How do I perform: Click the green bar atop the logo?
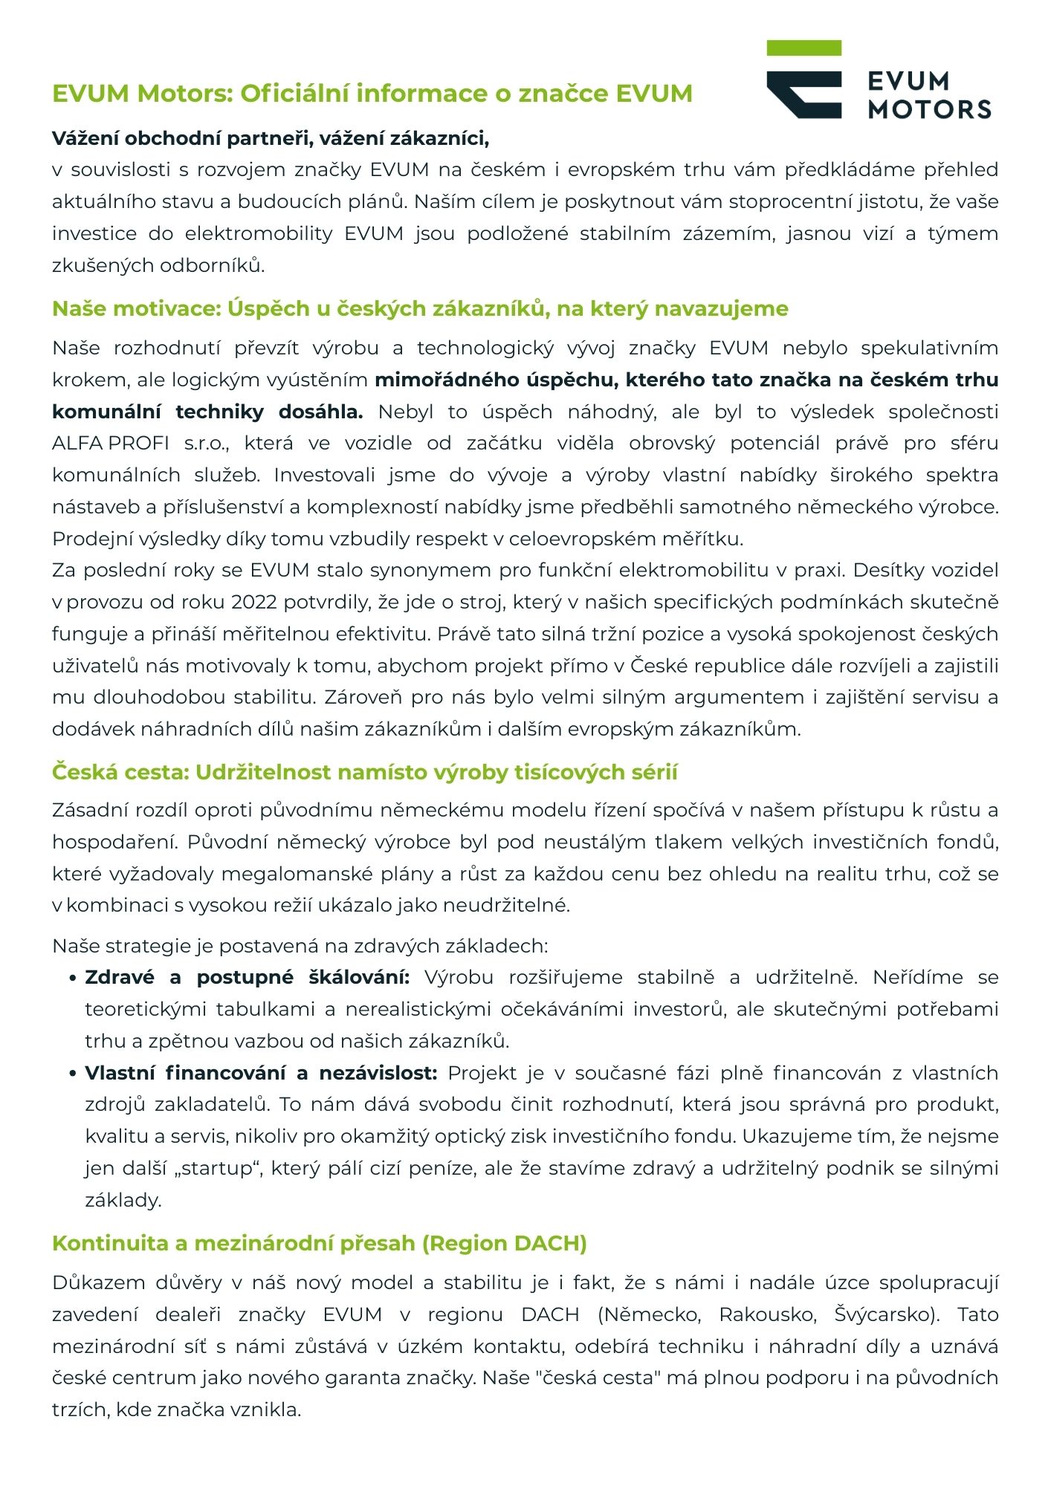[x=803, y=48]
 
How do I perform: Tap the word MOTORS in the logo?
[x=929, y=109]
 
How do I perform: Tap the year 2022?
[x=253, y=602]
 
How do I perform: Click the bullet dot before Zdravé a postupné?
[x=73, y=979]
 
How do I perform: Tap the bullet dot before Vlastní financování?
[x=73, y=1074]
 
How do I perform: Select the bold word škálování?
[x=359, y=977]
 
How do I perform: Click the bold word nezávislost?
[x=378, y=1073]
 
